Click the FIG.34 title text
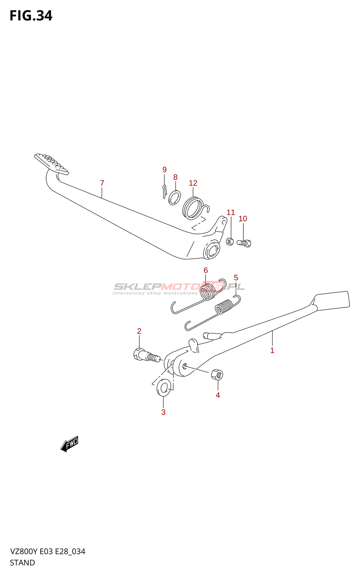click(31, 16)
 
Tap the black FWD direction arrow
click(69, 444)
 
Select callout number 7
click(102, 183)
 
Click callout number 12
click(193, 183)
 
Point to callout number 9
click(165, 170)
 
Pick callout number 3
click(163, 412)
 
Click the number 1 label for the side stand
click(272, 350)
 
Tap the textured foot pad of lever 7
click(51, 164)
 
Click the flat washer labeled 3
click(164, 388)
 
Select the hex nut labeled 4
click(217, 374)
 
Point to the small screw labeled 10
click(244, 243)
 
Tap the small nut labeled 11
click(230, 241)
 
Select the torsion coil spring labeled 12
click(193, 208)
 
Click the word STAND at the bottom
click(22, 563)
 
